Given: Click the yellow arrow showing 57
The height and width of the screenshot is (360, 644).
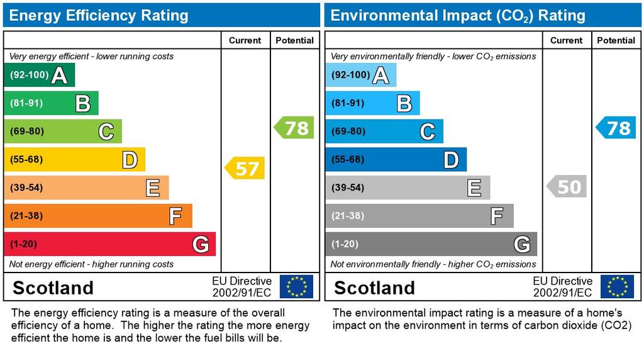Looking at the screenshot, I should click(245, 168).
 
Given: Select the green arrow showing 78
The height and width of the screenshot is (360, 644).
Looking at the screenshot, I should click(294, 128).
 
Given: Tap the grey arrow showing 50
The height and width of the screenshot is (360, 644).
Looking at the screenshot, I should click(567, 187).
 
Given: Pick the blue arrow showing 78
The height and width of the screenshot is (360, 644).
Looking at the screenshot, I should click(616, 128).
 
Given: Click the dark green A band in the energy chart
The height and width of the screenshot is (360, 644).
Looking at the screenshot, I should click(39, 76).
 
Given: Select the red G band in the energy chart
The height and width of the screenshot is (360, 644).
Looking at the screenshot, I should click(109, 244).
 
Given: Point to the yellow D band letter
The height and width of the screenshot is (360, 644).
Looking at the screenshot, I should click(130, 160).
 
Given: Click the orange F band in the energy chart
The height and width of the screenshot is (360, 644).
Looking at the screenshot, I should click(97, 216).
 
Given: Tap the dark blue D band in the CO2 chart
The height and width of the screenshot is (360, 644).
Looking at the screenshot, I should click(396, 160).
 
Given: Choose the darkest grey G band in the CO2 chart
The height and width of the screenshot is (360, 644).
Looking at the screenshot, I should click(431, 244).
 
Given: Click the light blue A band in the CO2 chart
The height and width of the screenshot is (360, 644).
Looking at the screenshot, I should click(360, 76).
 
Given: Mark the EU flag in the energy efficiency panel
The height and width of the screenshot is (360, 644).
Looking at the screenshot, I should click(296, 286).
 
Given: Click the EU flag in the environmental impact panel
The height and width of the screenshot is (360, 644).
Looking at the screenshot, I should click(617, 286).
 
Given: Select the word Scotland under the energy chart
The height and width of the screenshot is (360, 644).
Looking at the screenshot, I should click(53, 288).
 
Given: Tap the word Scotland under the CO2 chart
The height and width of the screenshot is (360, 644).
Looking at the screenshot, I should click(374, 288).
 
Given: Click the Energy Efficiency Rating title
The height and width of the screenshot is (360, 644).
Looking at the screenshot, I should click(99, 15).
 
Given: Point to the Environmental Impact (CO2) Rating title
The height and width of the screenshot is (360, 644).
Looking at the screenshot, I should click(458, 15).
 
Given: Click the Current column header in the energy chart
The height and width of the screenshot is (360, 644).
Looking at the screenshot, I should click(245, 40).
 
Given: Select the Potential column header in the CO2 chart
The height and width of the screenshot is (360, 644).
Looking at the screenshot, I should click(616, 40).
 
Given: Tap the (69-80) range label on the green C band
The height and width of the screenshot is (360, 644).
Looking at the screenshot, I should click(26, 132).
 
